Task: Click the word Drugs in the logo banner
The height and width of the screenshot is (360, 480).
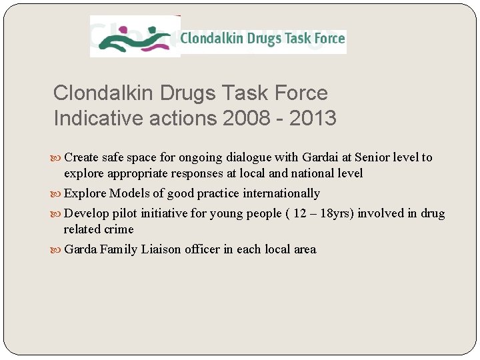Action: tap(265, 39)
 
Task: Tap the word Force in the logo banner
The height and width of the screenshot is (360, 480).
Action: tap(328, 39)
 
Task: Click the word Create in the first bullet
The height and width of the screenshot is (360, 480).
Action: tap(81, 158)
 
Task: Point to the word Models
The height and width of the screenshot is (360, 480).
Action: tap(130, 194)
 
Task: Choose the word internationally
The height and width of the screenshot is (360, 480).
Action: tap(281, 194)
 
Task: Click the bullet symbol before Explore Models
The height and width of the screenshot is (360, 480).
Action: tap(57, 195)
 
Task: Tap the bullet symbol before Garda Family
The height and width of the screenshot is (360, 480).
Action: tap(57, 251)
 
